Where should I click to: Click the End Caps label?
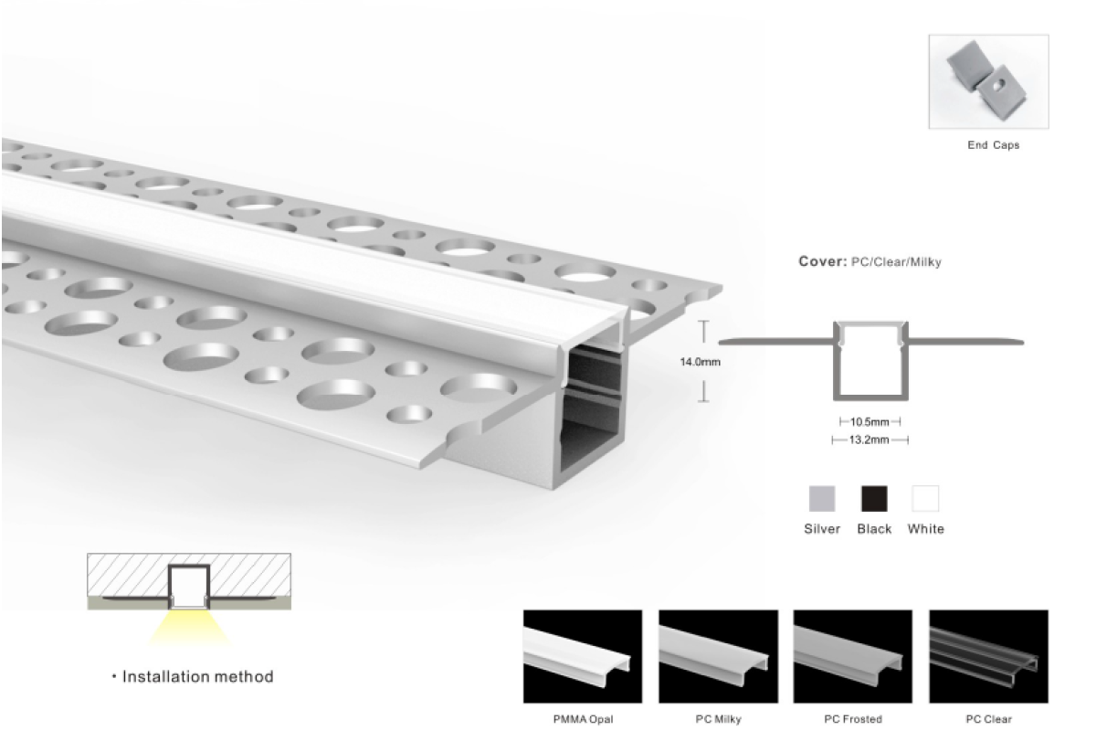click(994, 145)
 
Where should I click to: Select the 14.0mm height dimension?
click(701, 362)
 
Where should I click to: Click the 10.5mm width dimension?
click(869, 421)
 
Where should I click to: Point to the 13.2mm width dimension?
click(869, 440)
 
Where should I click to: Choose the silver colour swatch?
click(822, 498)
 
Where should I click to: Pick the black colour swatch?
click(874, 498)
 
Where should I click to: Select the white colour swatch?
click(925, 498)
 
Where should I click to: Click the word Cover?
click(823, 261)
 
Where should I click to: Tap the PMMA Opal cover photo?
click(583, 656)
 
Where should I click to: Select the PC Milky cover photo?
click(718, 656)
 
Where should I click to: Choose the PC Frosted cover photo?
click(853, 656)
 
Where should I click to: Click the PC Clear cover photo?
click(989, 656)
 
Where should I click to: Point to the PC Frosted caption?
click(853, 719)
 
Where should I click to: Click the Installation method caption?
click(197, 677)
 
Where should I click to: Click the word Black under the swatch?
click(874, 529)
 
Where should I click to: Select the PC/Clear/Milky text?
click(896, 262)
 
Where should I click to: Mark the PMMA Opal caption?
click(583, 719)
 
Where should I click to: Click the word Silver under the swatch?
click(822, 529)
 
